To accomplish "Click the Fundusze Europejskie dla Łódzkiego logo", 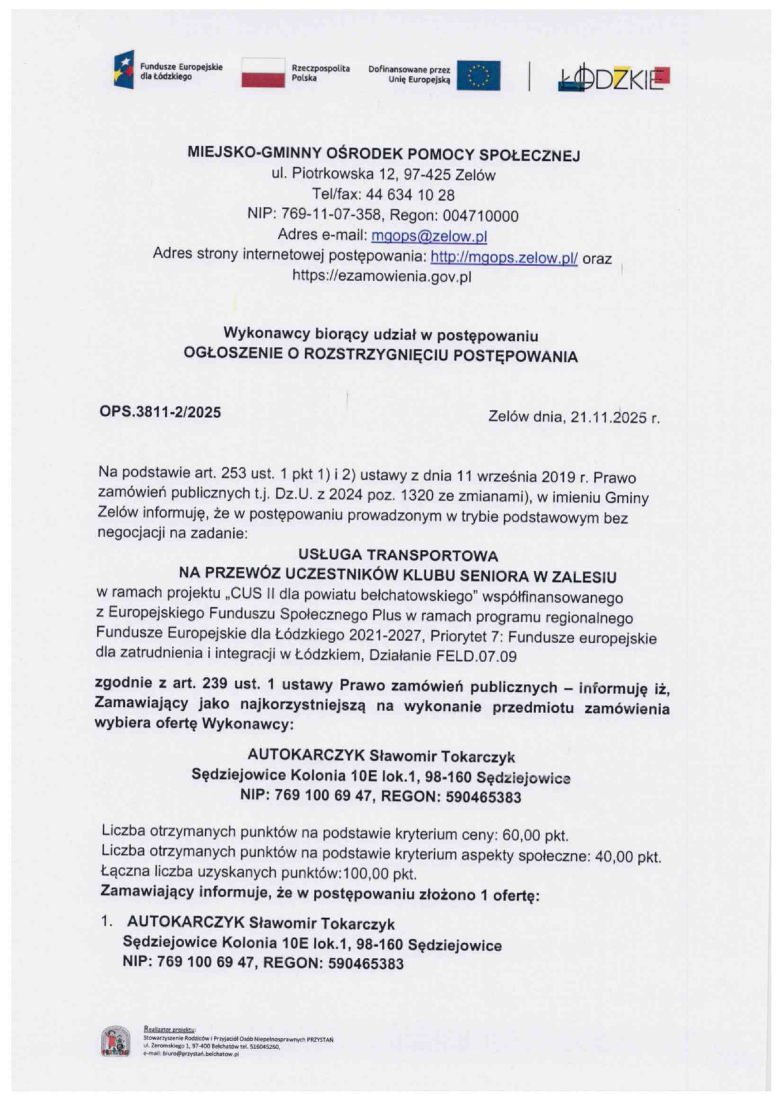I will pos(124,69).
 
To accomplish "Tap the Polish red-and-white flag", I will pos(263,72).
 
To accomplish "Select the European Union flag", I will pos(479,76).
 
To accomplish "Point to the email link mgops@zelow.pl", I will pos(429,236).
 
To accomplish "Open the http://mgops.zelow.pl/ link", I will pos(504,257).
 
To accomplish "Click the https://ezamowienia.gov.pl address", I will pos(382,276).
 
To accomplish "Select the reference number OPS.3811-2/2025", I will pos(160,412).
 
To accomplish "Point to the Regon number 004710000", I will pos(481,216).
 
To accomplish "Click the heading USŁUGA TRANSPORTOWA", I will pos(398,556).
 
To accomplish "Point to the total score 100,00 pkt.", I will pos(380,874).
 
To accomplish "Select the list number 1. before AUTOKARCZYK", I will pos(107,921).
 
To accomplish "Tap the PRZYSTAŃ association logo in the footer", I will pos(116,1042).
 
